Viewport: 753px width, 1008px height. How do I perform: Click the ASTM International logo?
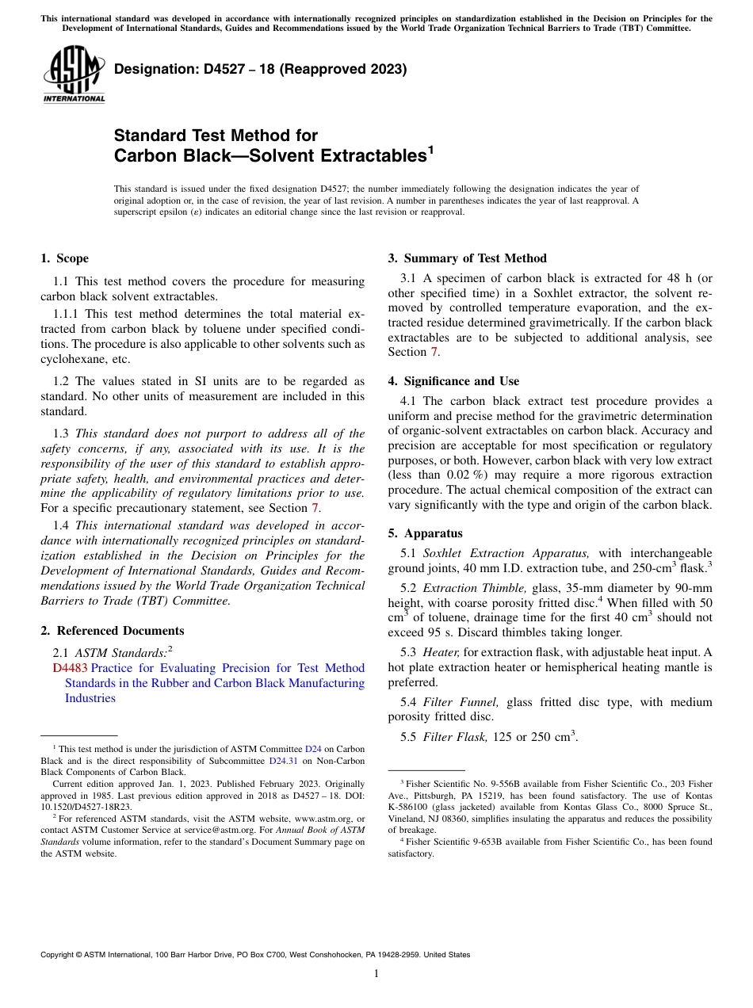coord(74,74)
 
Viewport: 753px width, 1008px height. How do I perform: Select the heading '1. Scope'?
coord(65,258)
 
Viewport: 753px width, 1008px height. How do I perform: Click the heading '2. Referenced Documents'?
coord(113,631)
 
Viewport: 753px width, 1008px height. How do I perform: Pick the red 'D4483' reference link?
coord(70,668)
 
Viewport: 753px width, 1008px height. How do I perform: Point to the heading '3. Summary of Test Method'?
coord(467,258)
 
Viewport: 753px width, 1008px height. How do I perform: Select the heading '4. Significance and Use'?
coord(453,381)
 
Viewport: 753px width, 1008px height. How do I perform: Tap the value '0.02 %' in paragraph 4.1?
coord(453,475)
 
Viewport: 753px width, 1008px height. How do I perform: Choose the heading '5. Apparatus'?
coord(425,533)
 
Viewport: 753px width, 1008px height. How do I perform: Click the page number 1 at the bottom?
coord(376,973)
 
